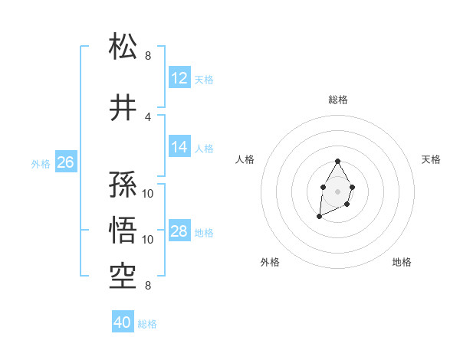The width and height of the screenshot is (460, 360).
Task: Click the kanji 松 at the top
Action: tap(123, 47)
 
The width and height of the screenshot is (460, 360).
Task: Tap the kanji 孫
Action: tap(123, 185)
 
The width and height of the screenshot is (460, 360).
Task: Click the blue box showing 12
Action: tap(179, 78)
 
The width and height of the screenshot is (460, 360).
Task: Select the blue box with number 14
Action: tap(179, 147)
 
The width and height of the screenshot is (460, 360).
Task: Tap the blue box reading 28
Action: tap(179, 231)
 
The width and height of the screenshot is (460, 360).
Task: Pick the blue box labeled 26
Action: tap(65, 162)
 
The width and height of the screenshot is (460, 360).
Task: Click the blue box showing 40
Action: tap(123, 322)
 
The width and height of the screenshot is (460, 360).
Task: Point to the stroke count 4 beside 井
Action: tap(148, 117)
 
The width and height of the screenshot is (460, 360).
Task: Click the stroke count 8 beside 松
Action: tap(148, 56)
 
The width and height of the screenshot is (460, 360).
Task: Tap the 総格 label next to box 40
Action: tap(147, 324)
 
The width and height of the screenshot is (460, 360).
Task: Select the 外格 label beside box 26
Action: tap(41, 163)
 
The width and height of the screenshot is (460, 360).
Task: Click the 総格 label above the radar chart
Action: tap(337, 100)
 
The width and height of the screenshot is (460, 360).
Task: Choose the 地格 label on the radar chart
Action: tap(402, 262)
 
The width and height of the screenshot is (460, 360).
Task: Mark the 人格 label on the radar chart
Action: tap(245, 159)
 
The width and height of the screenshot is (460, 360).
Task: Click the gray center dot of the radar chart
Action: tap(337, 190)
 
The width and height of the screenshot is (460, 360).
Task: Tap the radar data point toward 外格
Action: tap(319, 217)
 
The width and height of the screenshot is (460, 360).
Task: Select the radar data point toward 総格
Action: tap(337, 161)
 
